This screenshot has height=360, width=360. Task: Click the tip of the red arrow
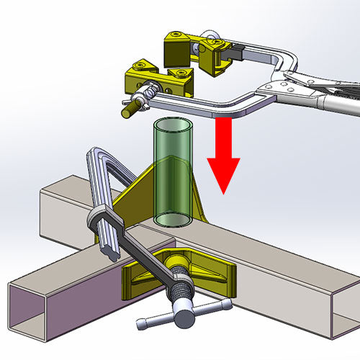tap(224, 192)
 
